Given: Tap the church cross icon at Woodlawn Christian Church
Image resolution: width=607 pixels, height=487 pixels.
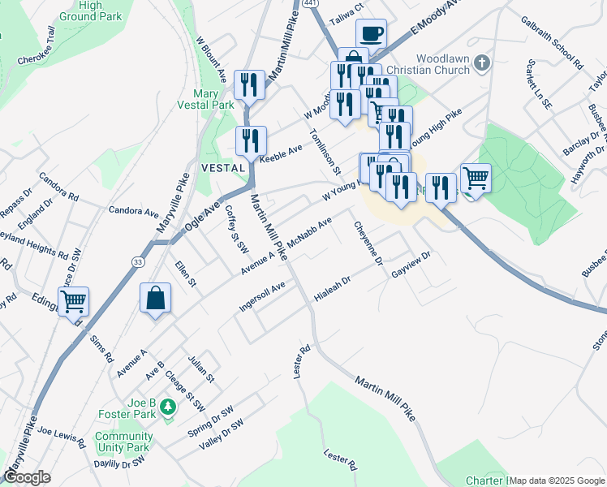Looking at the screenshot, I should pyautogui.click(x=482, y=62).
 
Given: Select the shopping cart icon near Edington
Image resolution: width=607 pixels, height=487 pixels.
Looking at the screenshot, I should pyautogui.click(x=74, y=301).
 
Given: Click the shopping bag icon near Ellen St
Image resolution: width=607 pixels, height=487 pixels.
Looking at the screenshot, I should pyautogui.click(x=155, y=298).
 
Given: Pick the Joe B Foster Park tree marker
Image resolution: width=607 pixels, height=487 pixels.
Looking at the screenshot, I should pyautogui.click(x=168, y=407).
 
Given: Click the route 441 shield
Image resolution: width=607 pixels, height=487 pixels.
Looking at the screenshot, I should pyautogui.click(x=311, y=4).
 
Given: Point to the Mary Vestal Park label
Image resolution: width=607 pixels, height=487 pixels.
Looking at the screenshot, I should pyautogui.click(x=206, y=98).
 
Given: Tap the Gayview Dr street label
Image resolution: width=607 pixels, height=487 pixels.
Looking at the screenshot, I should pyautogui.click(x=410, y=265).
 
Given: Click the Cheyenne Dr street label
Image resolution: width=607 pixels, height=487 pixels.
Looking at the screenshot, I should pyautogui.click(x=367, y=243).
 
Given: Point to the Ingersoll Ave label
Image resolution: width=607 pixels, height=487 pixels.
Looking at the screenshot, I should pyautogui.click(x=263, y=297).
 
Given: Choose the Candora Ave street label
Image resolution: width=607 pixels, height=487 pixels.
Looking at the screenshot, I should pyautogui.click(x=134, y=211).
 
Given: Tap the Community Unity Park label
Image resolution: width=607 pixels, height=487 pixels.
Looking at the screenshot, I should pyautogui.click(x=123, y=442).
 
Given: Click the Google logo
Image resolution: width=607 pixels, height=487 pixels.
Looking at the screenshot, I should pyautogui.click(x=27, y=477).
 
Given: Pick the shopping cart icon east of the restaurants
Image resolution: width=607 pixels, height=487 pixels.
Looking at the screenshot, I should pyautogui.click(x=476, y=176).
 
